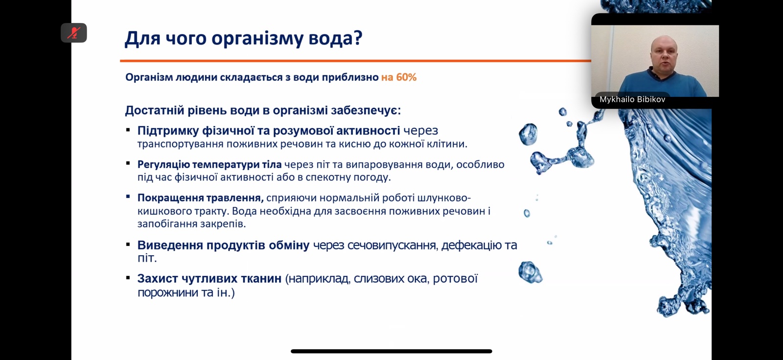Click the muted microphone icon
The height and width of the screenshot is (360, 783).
(x=74, y=33)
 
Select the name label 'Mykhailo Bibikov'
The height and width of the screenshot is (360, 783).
(x=632, y=99)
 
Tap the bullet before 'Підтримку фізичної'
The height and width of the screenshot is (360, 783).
(x=128, y=131)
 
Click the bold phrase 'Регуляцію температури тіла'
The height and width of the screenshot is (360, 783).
(x=209, y=164)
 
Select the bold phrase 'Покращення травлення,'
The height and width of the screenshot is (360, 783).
(x=201, y=198)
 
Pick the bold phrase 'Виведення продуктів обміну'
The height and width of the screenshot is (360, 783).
(x=223, y=245)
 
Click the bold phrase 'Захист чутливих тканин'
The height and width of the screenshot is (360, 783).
(x=209, y=279)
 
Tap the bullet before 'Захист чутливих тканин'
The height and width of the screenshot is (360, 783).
(x=128, y=279)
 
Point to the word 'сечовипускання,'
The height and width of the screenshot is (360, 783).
(x=375, y=246)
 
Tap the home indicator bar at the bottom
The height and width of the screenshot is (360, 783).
(x=391, y=351)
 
